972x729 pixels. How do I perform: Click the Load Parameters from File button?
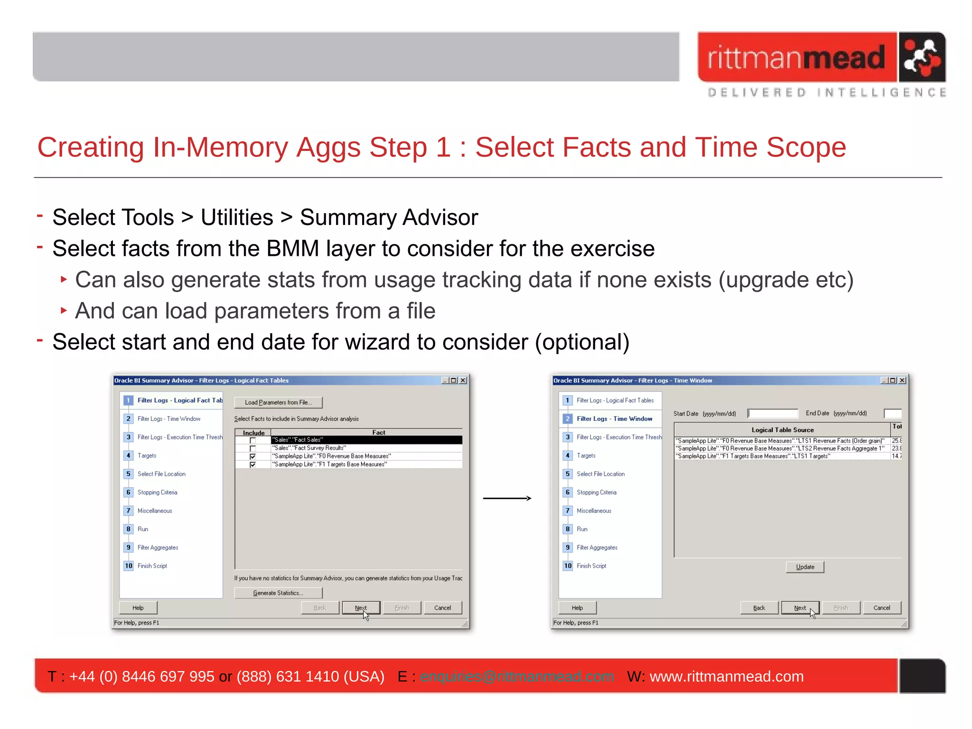pyautogui.click(x=278, y=402)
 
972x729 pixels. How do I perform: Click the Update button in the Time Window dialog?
pyautogui.click(x=804, y=567)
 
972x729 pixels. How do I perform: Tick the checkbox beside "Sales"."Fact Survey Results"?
pyautogui.click(x=252, y=449)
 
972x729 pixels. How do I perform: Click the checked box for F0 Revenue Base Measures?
pyautogui.click(x=252, y=457)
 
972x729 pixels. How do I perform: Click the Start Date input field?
pyautogui.click(x=773, y=413)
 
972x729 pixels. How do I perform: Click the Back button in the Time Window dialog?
pyautogui.click(x=759, y=608)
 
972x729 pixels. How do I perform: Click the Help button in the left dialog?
pyautogui.click(x=138, y=608)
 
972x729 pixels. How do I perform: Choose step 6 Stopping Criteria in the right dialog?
pyautogui.click(x=596, y=492)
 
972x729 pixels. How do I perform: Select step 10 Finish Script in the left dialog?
pyautogui.click(x=152, y=566)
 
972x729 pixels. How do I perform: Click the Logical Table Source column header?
pyautogui.click(x=782, y=430)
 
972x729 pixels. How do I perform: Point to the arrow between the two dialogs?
pyautogui.click(x=507, y=498)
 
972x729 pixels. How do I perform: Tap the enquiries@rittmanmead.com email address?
pyautogui.click(x=517, y=676)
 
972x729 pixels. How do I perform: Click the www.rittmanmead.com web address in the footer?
pyautogui.click(x=726, y=676)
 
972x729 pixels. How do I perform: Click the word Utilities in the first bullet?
pyautogui.click(x=237, y=218)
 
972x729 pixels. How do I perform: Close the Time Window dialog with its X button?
pyautogui.click(x=902, y=380)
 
